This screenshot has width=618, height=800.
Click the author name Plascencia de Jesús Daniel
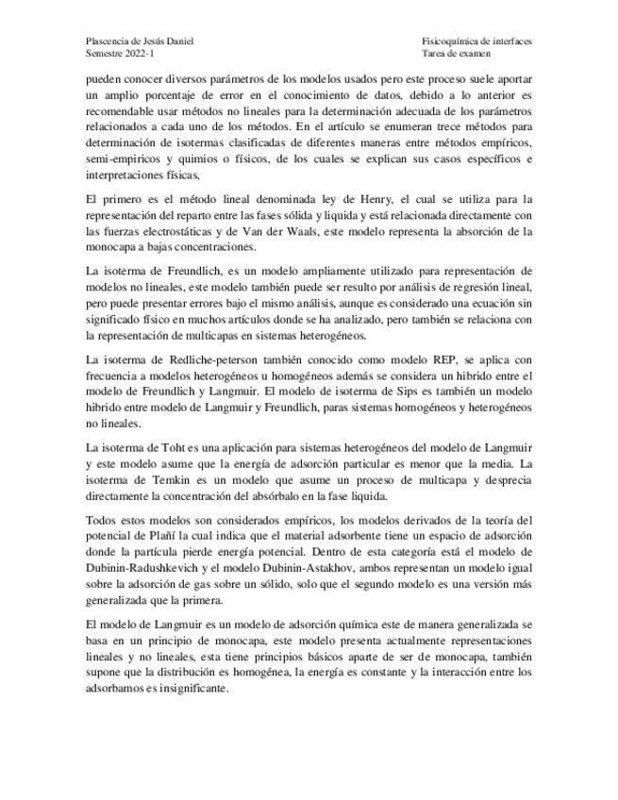click(x=142, y=42)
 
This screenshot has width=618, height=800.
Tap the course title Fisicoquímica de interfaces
click(x=476, y=42)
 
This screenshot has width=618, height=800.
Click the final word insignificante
click(x=194, y=690)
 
